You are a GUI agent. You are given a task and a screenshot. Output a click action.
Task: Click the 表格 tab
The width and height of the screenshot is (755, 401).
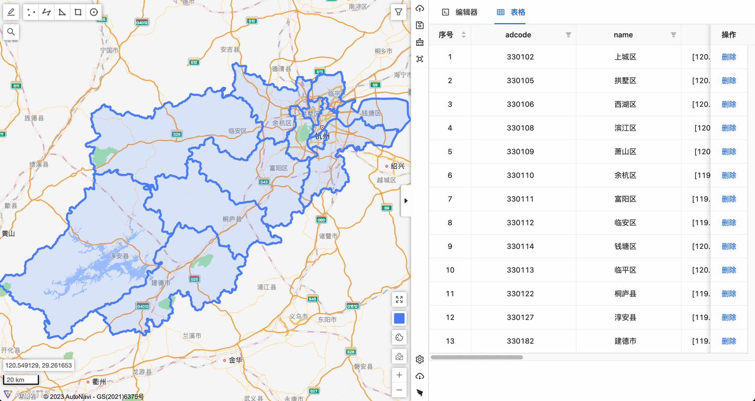point(511,12)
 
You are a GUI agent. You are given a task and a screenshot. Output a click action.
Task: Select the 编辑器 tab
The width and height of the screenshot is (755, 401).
point(460,12)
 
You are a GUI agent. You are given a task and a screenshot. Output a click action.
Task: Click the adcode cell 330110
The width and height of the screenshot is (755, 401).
point(520,175)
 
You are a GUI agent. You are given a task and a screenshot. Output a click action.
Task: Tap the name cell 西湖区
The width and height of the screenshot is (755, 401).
point(625,104)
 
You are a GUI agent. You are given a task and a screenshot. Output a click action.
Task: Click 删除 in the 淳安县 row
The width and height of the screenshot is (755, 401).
point(728,317)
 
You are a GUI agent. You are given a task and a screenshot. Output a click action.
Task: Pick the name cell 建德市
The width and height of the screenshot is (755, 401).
point(625,341)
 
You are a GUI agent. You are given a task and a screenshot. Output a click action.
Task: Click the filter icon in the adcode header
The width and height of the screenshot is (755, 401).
point(568,35)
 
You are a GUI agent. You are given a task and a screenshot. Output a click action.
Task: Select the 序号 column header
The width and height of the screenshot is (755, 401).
point(446,35)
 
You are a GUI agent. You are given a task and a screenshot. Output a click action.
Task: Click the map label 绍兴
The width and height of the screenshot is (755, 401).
point(397,166)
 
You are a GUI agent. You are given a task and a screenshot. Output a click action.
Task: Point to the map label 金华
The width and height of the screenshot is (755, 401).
point(235,360)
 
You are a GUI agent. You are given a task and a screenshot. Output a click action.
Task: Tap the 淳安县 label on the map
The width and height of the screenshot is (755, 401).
point(119,256)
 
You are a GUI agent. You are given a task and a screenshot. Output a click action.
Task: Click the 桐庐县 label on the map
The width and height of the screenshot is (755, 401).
point(232,219)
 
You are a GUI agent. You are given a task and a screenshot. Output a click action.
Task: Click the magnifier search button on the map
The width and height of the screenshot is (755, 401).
point(11,32)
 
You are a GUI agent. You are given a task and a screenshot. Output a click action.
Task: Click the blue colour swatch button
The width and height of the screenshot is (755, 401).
point(399,318)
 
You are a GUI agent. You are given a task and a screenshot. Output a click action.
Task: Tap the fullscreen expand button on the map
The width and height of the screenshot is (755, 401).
point(399,299)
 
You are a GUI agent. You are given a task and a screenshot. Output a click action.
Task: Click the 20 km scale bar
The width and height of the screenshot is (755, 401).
point(21,379)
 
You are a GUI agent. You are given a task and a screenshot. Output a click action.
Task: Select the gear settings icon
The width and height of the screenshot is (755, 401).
point(419,359)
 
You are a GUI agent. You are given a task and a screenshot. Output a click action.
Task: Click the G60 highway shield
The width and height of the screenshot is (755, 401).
point(321,219)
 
